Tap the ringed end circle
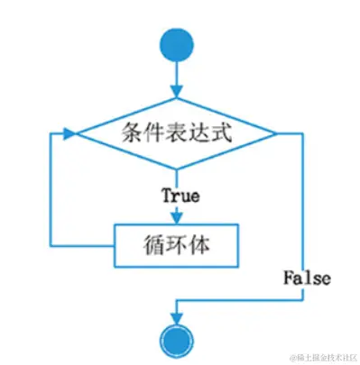pyautogui.click(x=176, y=342)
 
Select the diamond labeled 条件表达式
pyautogui.click(x=176, y=135)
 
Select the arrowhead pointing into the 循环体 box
pyautogui.click(x=176, y=217)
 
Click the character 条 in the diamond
pyautogui.click(x=132, y=135)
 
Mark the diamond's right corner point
pyautogui.click(x=277, y=135)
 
